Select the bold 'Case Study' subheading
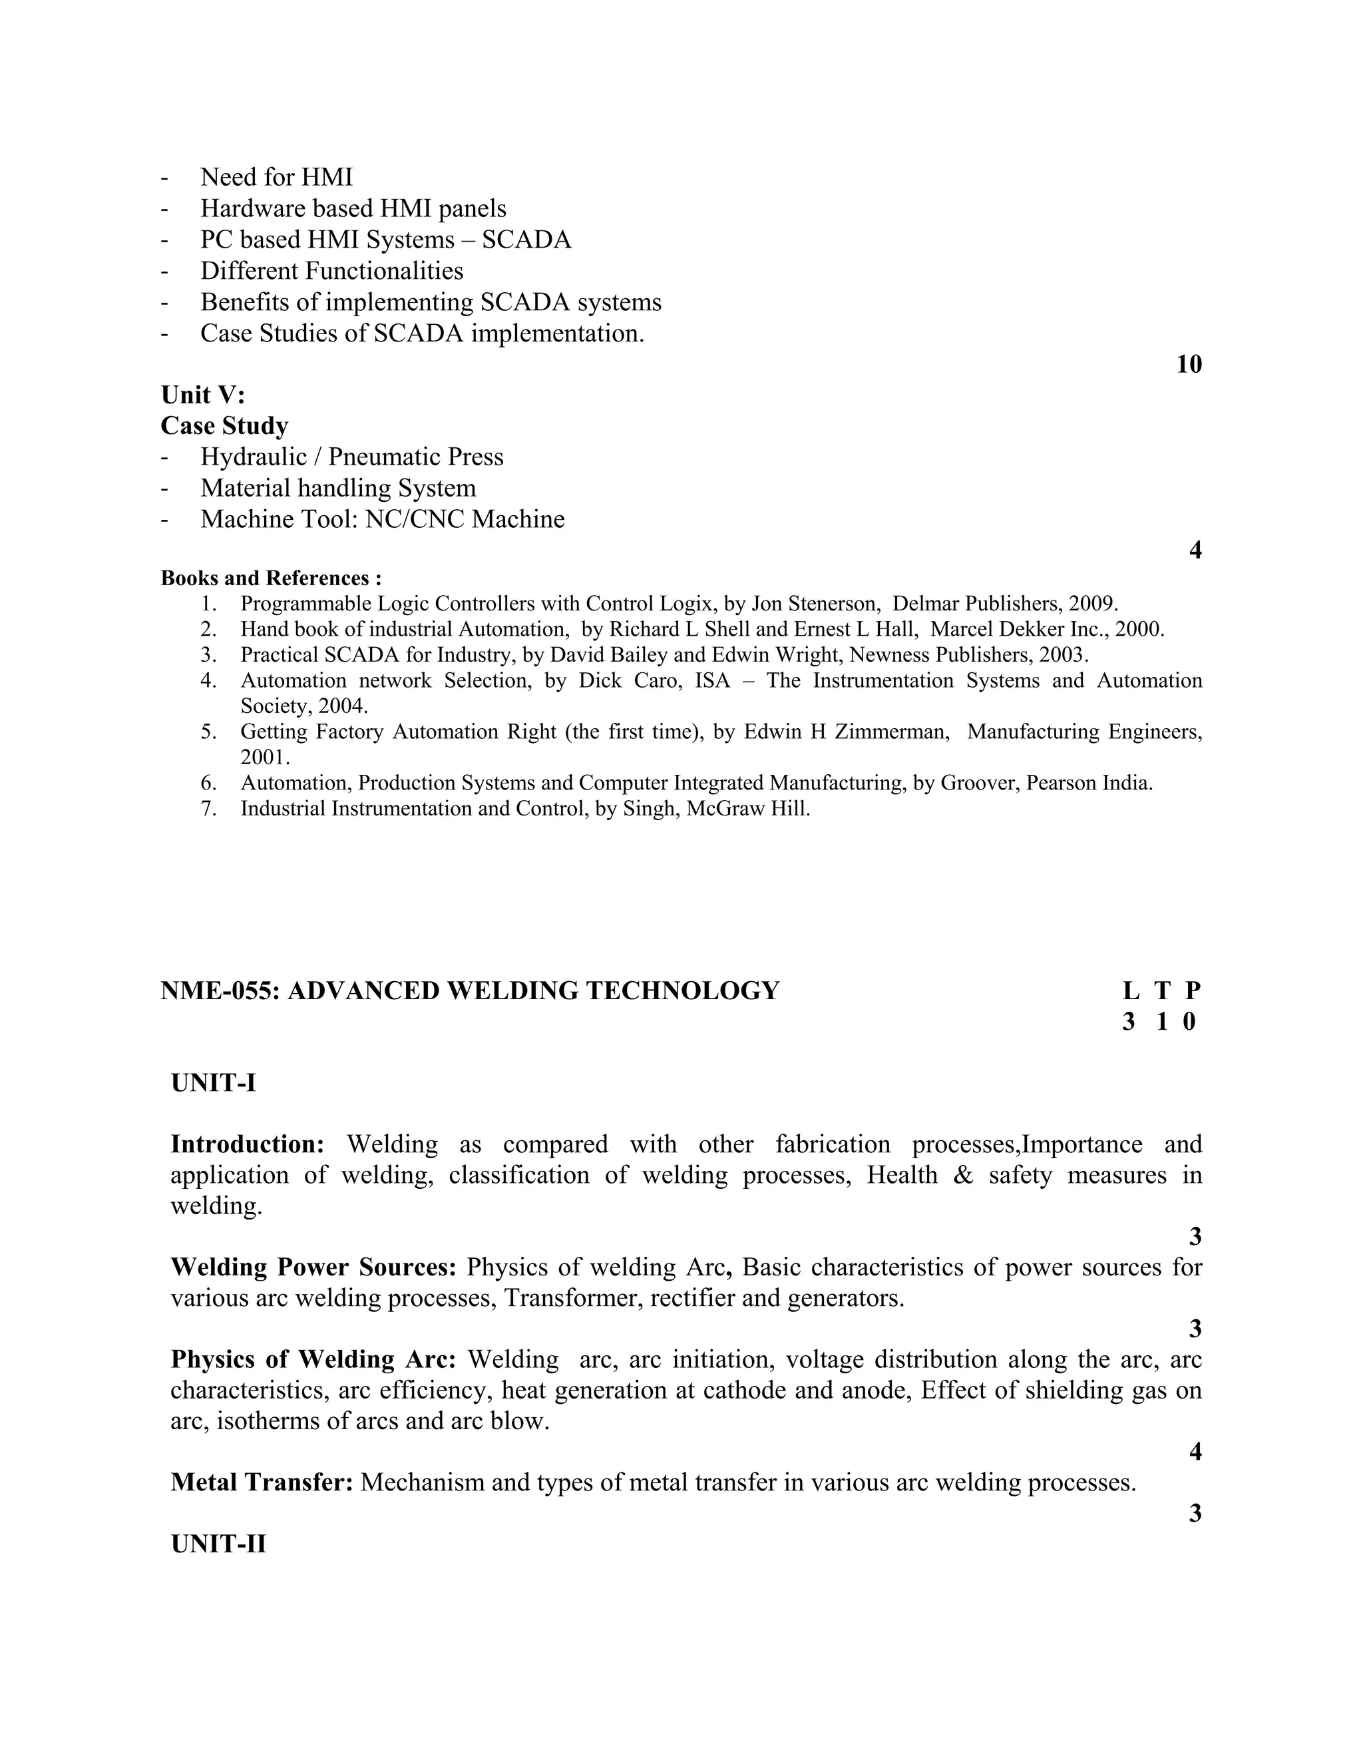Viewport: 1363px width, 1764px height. [224, 425]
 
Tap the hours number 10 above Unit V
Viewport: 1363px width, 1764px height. [1189, 364]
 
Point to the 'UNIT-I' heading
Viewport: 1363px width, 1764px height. [213, 1082]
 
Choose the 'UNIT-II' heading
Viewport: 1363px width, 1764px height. [218, 1544]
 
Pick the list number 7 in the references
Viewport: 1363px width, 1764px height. [208, 809]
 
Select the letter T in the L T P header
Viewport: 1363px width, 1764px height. [1162, 991]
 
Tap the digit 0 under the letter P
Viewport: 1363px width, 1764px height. [1189, 1022]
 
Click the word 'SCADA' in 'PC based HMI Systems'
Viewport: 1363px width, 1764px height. [526, 240]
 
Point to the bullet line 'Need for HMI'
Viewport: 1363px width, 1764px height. [276, 177]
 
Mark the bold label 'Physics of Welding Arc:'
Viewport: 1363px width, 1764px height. [313, 1359]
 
